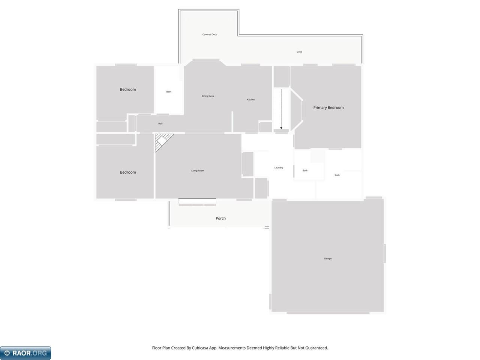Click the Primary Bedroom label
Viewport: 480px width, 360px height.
click(x=328, y=108)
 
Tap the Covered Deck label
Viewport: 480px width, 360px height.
click(x=210, y=34)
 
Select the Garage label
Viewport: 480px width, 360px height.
click(x=328, y=258)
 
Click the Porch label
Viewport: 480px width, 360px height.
click(x=220, y=218)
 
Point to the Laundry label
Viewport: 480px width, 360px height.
click(x=279, y=168)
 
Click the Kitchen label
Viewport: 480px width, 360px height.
click(x=251, y=99)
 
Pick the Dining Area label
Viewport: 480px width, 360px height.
click(x=208, y=96)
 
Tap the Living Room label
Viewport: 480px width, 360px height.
click(x=198, y=171)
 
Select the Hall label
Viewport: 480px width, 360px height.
click(x=160, y=123)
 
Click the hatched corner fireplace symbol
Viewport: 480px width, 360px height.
click(x=162, y=142)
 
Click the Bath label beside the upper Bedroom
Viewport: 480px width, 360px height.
click(x=169, y=91)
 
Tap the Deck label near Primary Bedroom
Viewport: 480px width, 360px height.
click(x=299, y=52)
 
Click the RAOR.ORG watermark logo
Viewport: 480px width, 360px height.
click(x=25, y=353)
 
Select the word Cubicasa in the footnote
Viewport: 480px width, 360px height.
click(x=205, y=348)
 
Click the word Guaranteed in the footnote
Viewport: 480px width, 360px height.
click(x=316, y=348)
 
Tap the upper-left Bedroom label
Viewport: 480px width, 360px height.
click(x=128, y=89)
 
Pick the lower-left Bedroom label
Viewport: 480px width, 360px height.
click(x=128, y=172)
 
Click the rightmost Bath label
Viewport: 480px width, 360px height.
click(x=337, y=175)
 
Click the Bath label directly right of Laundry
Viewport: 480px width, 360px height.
click(x=305, y=170)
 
